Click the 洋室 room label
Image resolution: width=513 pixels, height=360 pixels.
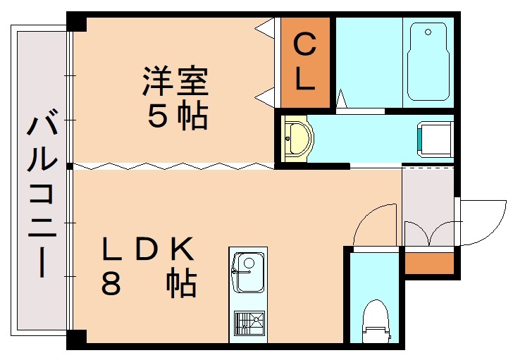tap(176, 81)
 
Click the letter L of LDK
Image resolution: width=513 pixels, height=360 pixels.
tap(111, 249)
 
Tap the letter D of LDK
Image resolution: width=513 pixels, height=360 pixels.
tap(146, 249)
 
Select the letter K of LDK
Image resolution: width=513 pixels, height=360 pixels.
tap(182, 249)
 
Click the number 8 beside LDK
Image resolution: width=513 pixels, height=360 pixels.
tap(111, 285)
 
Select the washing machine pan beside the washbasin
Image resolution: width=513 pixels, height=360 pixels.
tap(435, 137)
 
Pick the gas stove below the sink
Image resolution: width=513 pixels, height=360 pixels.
tap(248, 323)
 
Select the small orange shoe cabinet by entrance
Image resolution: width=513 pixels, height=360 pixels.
tap(428, 262)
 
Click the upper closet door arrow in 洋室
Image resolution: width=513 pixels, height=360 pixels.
tap(264, 29)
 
